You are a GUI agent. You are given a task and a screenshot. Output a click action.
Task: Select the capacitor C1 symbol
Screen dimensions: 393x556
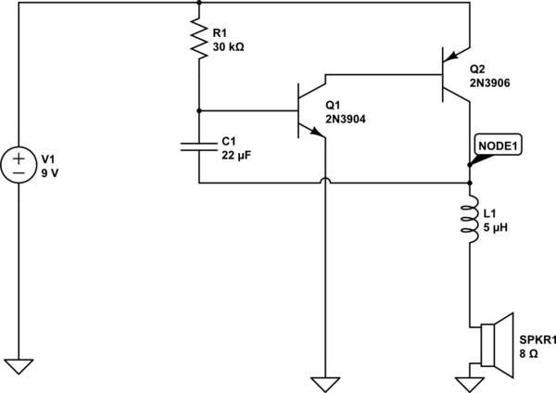pos(198,146)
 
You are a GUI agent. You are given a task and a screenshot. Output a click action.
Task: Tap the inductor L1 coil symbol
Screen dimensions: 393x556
pos(470,222)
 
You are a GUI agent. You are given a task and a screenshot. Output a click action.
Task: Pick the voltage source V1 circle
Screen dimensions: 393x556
pos(19,161)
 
